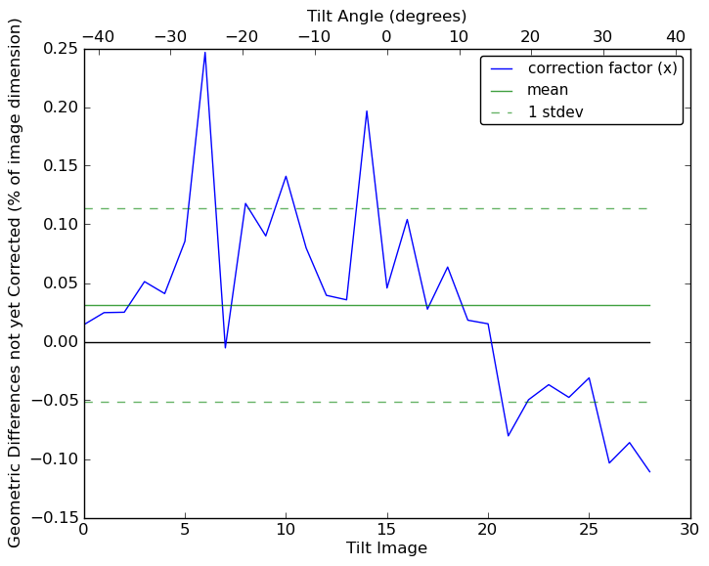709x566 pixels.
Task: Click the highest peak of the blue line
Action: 204,52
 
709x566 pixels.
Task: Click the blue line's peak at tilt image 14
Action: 367,110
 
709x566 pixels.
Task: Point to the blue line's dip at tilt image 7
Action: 225,347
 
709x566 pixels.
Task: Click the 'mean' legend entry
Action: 548,90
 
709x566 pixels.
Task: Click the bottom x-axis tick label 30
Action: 690,530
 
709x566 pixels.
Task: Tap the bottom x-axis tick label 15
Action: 387,530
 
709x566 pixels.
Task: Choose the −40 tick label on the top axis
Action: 96,36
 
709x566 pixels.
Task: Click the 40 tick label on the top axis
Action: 676,36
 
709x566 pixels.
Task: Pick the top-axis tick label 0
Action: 386,36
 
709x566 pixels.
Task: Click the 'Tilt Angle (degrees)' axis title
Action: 386,16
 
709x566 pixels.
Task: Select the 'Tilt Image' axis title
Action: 386,548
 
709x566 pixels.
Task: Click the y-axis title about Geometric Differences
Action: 15,283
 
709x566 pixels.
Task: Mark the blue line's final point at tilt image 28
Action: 649,472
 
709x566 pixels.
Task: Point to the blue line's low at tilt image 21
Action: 509,436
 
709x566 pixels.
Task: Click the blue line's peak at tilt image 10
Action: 286,176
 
